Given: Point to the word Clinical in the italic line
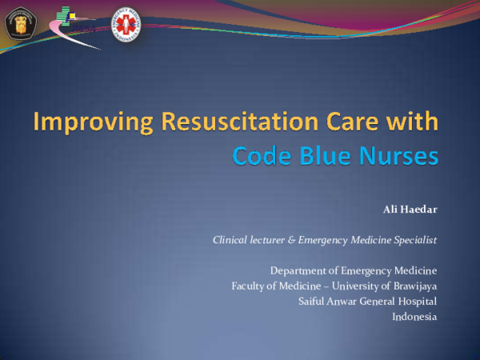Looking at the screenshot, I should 231,239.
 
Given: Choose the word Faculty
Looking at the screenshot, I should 250,286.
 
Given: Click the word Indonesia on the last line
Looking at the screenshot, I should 414,316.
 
